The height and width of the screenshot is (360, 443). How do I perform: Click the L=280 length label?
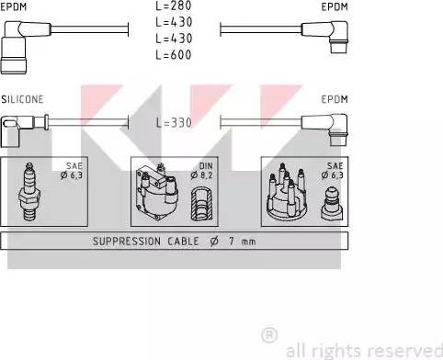point(174,6)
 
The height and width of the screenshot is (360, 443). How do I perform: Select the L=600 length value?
point(174,55)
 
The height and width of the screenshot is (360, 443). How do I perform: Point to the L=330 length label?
point(174,122)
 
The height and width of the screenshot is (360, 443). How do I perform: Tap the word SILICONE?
point(22,99)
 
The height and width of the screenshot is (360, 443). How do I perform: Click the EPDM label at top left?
point(14,6)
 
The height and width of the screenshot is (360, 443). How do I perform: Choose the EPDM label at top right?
point(335,6)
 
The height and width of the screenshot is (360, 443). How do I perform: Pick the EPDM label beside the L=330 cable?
point(335,99)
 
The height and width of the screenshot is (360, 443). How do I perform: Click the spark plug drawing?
point(29,192)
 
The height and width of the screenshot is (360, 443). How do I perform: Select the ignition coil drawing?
point(157,192)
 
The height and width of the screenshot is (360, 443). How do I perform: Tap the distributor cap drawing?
point(287,192)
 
